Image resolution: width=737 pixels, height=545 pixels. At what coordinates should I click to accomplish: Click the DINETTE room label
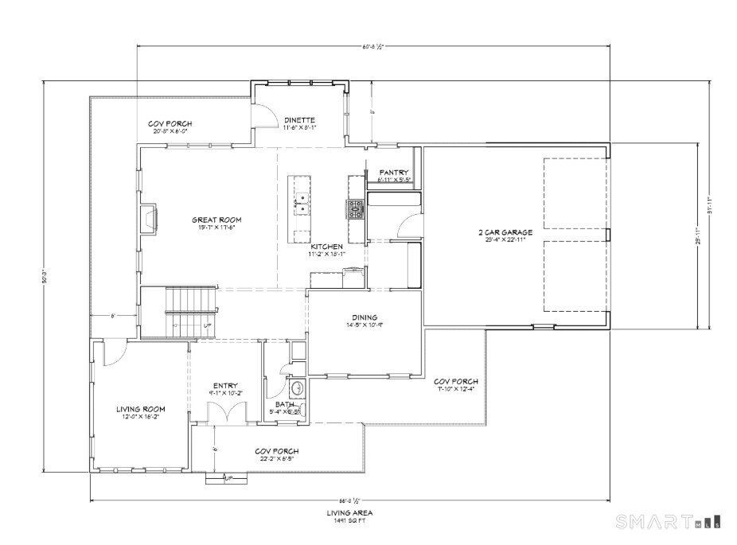(300, 119)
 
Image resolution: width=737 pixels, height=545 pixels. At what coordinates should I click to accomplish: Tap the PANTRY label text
(394, 172)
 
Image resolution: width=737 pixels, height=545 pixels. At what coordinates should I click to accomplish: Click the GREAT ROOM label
(216, 220)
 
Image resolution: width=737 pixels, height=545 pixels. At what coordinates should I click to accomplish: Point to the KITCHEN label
(326, 247)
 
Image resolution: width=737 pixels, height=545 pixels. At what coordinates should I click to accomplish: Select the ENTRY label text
(225, 385)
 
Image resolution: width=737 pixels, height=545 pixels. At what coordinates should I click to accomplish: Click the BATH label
(284, 403)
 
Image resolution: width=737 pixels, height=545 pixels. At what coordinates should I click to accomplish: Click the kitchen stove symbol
(354, 209)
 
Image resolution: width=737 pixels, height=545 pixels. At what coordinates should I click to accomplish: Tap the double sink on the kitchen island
(302, 204)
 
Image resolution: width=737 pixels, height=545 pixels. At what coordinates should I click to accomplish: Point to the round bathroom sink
(296, 389)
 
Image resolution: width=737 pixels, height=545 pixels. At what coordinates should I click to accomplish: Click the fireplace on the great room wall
(149, 218)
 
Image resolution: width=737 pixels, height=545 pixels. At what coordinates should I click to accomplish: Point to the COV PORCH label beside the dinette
(170, 124)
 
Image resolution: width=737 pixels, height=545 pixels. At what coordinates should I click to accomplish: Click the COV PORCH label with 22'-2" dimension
(276, 451)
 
